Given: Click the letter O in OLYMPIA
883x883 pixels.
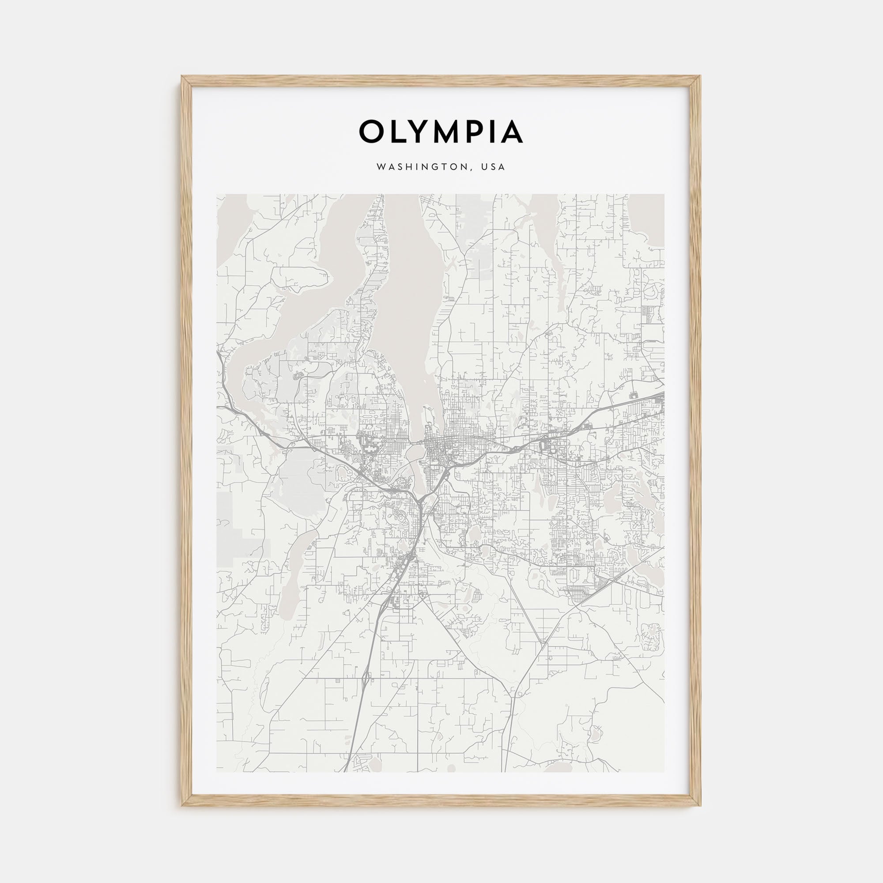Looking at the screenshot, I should coord(371,132).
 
